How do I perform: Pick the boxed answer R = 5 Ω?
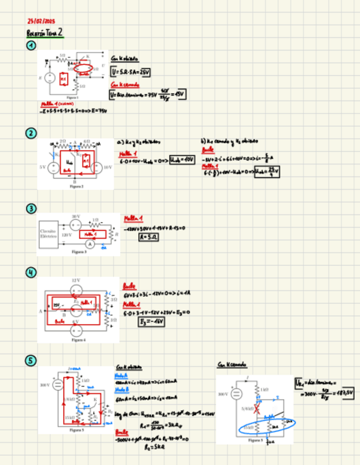coord(133,237)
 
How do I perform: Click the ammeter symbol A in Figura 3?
coord(93,244)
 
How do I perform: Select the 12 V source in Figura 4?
coord(77,289)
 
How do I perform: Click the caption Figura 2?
coord(76,186)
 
